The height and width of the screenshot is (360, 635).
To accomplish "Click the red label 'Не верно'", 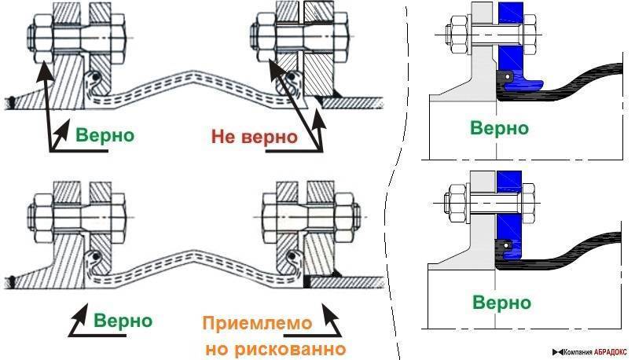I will (253, 137).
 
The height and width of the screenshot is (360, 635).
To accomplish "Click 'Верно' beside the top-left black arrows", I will (105, 134).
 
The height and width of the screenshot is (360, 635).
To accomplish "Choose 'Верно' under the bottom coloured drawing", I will (500, 302).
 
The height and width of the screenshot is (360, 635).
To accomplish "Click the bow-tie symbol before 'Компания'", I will (556, 351).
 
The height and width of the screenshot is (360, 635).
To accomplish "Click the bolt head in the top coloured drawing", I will (453, 35).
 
